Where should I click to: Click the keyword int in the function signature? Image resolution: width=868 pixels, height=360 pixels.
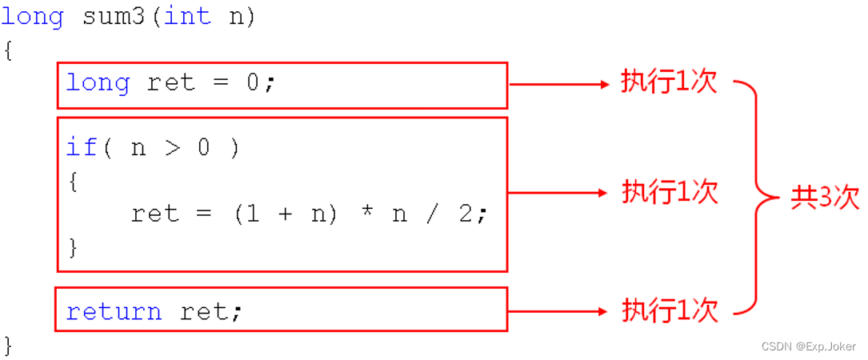click(x=188, y=17)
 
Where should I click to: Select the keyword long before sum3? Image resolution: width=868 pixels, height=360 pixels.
click(x=33, y=17)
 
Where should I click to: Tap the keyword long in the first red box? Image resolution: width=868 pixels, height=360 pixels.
click(x=98, y=83)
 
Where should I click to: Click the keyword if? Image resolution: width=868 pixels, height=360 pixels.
click(x=82, y=147)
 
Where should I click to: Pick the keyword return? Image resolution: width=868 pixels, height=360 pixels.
click(x=114, y=311)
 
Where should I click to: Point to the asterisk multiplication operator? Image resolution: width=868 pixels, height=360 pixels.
click(x=366, y=214)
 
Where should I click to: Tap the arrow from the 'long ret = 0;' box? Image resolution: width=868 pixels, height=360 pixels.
click(x=559, y=83)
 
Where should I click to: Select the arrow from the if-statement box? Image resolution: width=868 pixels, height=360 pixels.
click(x=559, y=192)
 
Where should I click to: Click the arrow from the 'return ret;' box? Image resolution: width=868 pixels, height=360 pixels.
click(x=559, y=310)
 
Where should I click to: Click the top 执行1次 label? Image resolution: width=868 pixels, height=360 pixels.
click(x=670, y=82)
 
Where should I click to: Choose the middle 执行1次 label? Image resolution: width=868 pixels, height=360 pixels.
click(x=670, y=192)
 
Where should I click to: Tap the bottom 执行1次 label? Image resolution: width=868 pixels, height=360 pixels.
click(x=670, y=310)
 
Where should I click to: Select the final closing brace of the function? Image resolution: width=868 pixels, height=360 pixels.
click(x=8, y=346)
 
